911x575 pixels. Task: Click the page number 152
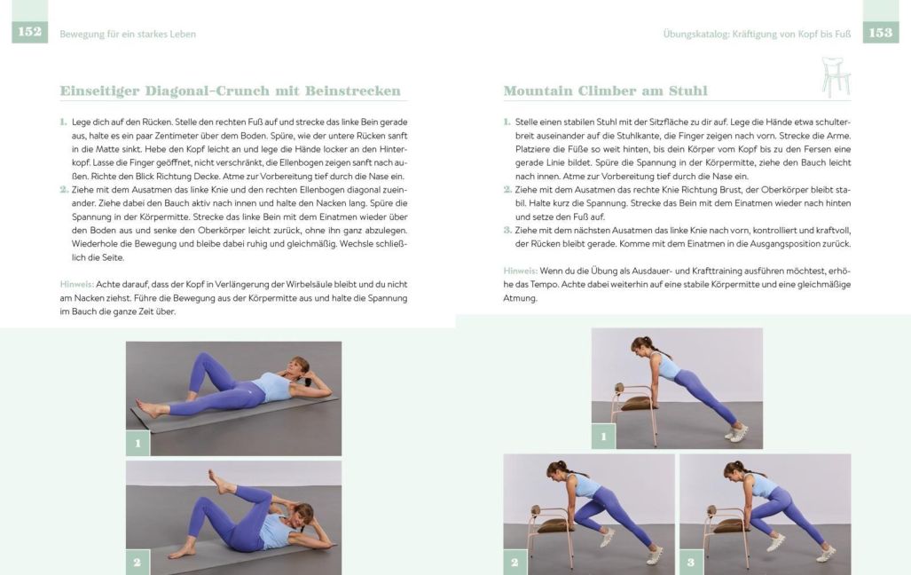tap(28, 33)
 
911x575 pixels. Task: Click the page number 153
tap(881, 33)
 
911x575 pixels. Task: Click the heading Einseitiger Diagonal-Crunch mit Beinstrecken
tap(230, 91)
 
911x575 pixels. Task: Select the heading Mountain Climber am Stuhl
tap(605, 91)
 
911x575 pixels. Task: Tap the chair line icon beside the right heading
tap(835, 76)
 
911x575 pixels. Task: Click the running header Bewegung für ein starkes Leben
tap(128, 34)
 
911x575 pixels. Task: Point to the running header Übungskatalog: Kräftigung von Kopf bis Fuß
tap(757, 34)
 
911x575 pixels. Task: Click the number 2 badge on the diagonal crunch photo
tap(137, 562)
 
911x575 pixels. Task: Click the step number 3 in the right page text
tap(507, 230)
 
